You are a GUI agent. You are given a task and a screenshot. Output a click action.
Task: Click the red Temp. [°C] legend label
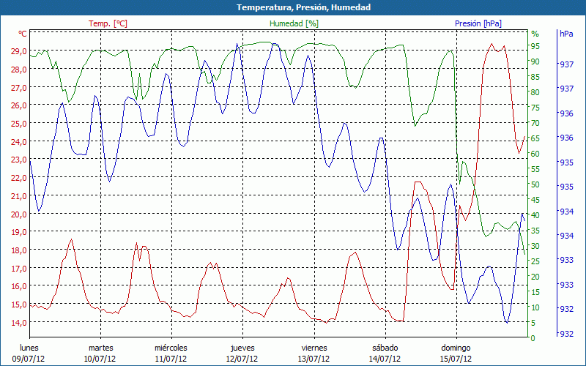(x=108, y=23)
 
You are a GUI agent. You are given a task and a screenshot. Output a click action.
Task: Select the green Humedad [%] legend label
(x=294, y=23)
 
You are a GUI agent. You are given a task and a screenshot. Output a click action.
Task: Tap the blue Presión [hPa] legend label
(x=478, y=23)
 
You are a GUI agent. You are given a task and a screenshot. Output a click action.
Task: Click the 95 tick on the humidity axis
(x=535, y=46)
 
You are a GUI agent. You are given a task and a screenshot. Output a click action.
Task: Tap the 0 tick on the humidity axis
(x=533, y=338)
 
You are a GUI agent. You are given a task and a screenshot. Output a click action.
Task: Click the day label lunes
(x=29, y=348)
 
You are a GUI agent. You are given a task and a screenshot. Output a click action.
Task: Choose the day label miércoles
(x=171, y=348)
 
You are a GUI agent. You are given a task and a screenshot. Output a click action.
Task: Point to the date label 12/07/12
(x=242, y=359)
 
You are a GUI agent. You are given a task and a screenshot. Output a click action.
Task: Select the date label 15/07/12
(x=456, y=359)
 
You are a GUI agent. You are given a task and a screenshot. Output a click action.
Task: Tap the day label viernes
(x=314, y=348)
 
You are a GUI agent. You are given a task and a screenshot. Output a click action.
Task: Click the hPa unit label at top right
(x=566, y=34)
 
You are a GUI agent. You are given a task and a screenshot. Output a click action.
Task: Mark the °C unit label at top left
(x=23, y=34)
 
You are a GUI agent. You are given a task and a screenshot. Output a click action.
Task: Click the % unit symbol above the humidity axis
(x=535, y=34)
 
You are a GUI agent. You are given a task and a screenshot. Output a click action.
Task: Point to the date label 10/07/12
(x=100, y=359)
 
